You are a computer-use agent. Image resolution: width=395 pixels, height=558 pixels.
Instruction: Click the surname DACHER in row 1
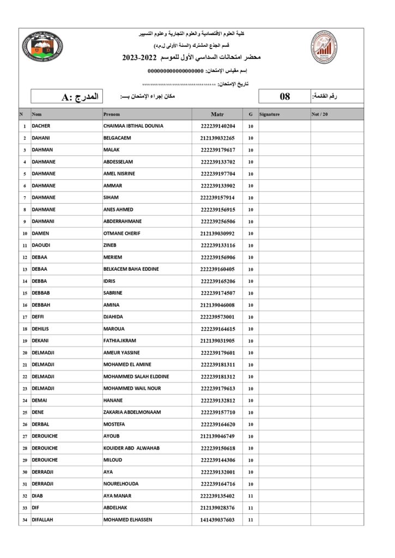coord(41,126)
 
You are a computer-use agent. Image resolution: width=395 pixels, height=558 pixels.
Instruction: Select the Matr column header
coord(217,114)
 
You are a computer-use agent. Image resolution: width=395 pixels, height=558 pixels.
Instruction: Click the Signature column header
coord(270,114)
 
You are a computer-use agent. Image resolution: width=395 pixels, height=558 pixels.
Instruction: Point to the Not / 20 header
coord(320,114)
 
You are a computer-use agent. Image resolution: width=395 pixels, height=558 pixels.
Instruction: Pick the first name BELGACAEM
coord(117,138)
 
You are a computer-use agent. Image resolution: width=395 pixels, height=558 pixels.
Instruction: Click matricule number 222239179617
coord(217,150)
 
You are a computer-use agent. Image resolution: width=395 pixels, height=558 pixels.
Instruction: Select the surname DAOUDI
coord(41,245)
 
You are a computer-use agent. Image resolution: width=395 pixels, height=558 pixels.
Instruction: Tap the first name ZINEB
coord(110,245)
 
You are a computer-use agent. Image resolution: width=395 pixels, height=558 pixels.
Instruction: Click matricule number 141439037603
coord(217,520)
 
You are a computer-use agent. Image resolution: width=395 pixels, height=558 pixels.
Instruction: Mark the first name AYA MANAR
coord(117,496)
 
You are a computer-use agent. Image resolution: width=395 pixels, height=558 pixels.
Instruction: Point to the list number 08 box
coord(284,97)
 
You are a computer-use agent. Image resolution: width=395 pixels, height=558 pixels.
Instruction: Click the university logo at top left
coord(43,48)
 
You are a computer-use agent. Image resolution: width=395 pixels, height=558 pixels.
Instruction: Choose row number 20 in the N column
coord(25,353)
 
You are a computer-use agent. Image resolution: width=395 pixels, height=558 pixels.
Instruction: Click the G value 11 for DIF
coord(251,508)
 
